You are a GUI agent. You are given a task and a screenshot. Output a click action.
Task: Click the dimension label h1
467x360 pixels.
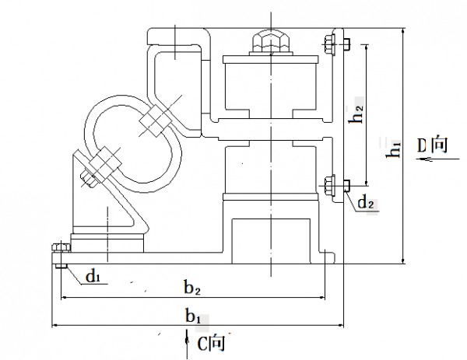[396, 149]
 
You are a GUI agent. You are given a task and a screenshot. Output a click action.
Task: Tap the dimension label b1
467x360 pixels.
[194, 317]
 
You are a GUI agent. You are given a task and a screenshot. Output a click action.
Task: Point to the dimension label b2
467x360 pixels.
[193, 288]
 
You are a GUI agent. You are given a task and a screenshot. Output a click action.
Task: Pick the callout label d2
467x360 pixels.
[367, 204]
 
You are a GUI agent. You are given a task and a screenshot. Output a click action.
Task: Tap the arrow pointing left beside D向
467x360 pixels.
[424, 162]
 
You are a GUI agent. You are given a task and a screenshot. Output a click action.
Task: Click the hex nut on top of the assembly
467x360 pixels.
[269, 40]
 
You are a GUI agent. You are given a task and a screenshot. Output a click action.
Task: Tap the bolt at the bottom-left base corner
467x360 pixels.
[61, 250]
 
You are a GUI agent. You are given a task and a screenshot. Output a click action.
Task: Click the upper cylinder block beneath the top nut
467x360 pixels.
[269, 85]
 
